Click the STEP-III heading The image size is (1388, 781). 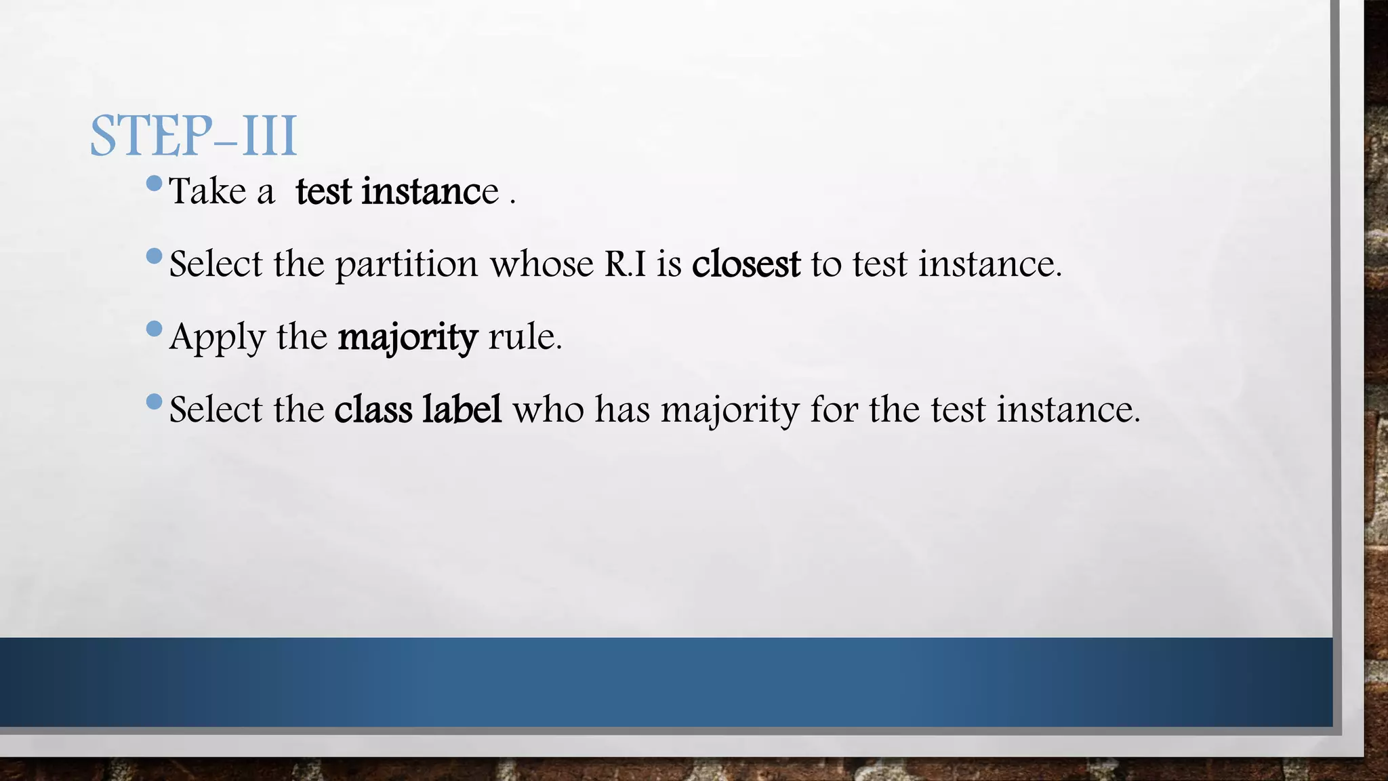(x=194, y=136)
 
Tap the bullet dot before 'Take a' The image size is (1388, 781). (x=155, y=184)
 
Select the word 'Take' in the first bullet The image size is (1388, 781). (x=207, y=191)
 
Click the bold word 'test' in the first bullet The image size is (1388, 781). (x=323, y=191)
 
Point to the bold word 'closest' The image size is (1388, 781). (x=746, y=264)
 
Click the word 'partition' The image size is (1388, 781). (x=407, y=264)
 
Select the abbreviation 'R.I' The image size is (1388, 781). (x=625, y=264)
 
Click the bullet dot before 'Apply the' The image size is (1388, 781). (x=155, y=329)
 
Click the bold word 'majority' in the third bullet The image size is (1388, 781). (x=408, y=338)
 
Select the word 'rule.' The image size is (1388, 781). (x=525, y=336)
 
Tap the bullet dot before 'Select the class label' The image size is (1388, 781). (x=155, y=402)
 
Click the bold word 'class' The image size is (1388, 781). (x=373, y=409)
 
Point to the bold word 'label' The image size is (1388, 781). (x=462, y=409)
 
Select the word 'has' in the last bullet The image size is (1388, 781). (x=622, y=409)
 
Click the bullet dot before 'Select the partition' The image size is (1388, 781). (x=155, y=256)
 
